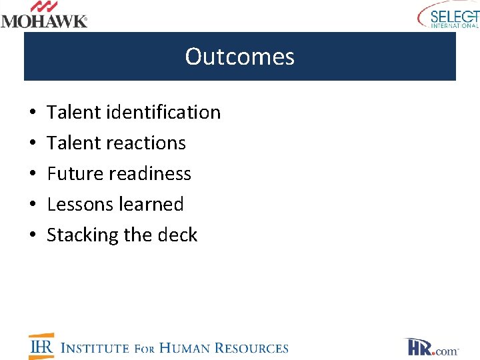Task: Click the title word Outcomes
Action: [x=239, y=57]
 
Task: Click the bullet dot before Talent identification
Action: [x=32, y=113]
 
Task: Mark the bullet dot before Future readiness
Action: [x=32, y=174]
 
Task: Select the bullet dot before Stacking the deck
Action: [x=32, y=235]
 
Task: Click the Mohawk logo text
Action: [x=44, y=21]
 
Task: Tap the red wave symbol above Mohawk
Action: [x=45, y=7]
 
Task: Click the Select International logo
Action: [x=448, y=15]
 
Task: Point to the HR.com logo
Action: [x=431, y=347]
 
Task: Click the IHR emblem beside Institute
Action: [x=41, y=346]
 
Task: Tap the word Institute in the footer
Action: [x=95, y=348]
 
